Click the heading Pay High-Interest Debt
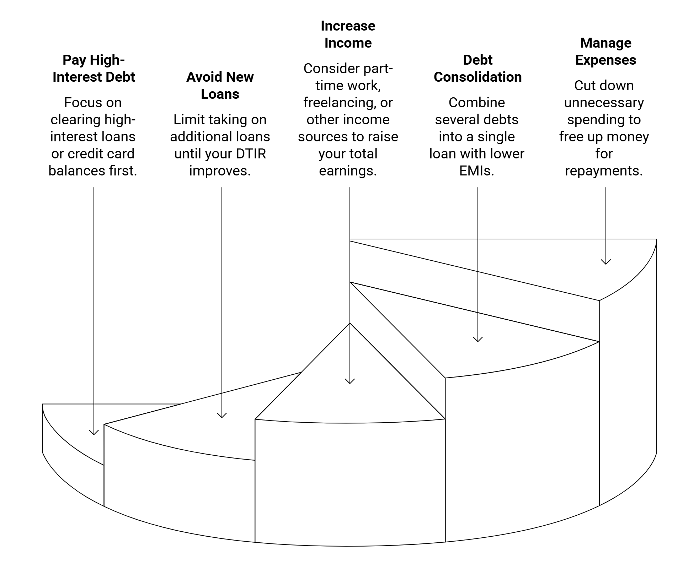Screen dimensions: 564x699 pos(94,68)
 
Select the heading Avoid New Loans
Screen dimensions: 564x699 pos(220,85)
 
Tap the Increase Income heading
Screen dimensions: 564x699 pos(348,34)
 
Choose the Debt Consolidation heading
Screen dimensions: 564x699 pos(477,68)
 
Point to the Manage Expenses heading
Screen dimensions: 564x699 pos(605,51)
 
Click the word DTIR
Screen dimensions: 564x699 pos(251,154)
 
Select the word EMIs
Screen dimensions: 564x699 pos(476,171)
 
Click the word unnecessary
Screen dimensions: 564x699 pos(604,103)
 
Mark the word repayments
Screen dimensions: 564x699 pos(604,171)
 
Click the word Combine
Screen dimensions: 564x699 pos(476,103)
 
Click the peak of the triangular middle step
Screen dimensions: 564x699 pos(350,323)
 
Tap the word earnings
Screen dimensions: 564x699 pos(348,171)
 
